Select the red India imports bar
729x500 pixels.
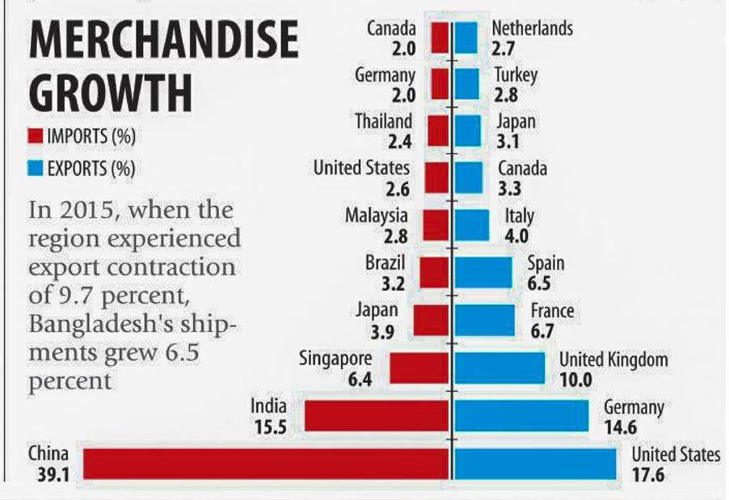pos(376,414)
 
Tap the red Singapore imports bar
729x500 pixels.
pos(419,368)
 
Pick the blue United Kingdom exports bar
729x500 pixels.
pos(499,368)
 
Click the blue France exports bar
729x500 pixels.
pos(484,320)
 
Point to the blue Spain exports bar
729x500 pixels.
pos(482,272)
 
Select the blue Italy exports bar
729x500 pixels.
pos(471,225)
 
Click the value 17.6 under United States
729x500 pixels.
pos(648,475)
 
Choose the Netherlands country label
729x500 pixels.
pos(532,28)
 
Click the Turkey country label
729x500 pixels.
pos(516,75)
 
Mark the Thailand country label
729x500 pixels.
pos(384,122)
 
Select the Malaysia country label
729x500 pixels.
pos(377,216)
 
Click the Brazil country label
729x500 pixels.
pos(385,263)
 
